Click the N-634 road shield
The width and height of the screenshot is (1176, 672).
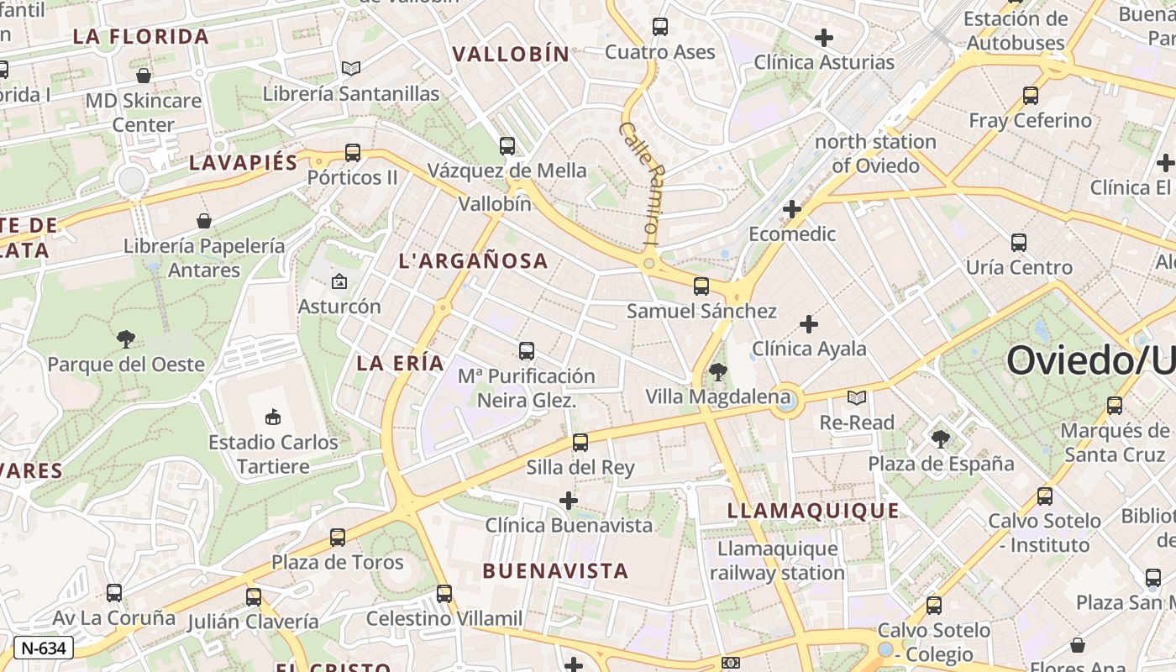coord(44,648)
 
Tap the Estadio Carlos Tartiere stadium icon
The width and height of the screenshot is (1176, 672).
coord(272,417)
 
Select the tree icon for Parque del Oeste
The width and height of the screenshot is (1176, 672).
coord(126,339)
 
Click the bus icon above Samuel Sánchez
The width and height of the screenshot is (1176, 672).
coord(701,286)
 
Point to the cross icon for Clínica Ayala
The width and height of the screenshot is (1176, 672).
coord(809,323)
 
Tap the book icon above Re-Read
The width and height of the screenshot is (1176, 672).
coord(857,397)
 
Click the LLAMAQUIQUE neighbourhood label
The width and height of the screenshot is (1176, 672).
coord(812,511)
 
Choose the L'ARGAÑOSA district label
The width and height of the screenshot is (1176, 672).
coord(474,261)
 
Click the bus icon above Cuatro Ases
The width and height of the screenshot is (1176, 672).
coord(660,27)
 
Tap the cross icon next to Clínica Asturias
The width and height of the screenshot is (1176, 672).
coord(824,37)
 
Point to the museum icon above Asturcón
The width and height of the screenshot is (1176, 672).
coord(339,281)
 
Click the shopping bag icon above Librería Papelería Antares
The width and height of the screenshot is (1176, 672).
coord(203,221)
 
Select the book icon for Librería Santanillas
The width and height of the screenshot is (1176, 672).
coord(351,69)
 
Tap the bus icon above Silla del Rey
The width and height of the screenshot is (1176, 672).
coord(580,442)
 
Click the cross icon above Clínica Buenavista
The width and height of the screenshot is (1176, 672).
coord(569,501)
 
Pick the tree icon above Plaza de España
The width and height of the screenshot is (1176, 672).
coord(941,438)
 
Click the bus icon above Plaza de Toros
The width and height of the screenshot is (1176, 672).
coord(338,537)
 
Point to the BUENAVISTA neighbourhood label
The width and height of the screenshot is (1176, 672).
coord(555,571)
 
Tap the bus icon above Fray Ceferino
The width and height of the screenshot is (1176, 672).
coord(1031,96)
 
